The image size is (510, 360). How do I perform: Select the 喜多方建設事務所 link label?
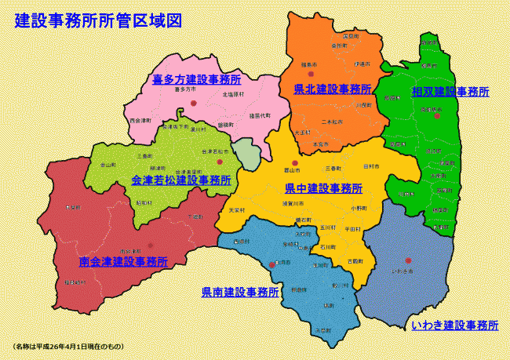click(196, 79)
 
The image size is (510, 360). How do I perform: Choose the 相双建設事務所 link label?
click(450, 92)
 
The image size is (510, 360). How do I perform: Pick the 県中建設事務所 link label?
click(323, 189)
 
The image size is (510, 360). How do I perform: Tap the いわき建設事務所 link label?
click(455, 325)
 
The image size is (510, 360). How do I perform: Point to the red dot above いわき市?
click(408, 261)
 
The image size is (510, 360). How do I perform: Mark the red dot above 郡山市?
click(295, 162)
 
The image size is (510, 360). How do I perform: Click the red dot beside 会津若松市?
click(220, 161)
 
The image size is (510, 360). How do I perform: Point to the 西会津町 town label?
click(140, 122)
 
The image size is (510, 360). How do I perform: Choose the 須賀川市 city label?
click(295, 203)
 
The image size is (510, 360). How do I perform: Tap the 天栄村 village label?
click(236, 210)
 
